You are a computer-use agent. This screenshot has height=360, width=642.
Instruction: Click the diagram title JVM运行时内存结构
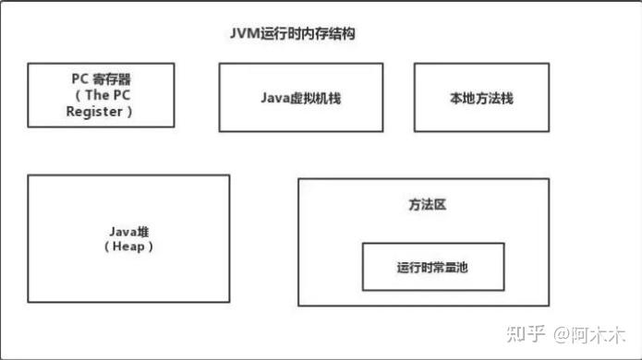click(293, 34)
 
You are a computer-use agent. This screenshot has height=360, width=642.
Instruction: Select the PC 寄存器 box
click(100, 94)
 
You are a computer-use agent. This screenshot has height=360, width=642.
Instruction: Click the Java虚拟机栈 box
click(301, 98)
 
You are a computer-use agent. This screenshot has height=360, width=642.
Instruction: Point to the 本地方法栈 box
click(480, 98)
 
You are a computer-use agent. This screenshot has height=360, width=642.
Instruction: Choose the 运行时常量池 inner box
click(432, 267)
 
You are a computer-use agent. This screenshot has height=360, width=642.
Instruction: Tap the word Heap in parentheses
click(128, 246)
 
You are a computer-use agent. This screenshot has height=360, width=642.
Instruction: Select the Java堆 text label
click(128, 232)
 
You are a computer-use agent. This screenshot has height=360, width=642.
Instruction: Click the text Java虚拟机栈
click(301, 98)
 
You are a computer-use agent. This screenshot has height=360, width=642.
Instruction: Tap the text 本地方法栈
click(480, 98)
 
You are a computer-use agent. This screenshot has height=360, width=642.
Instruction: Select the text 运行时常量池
click(432, 267)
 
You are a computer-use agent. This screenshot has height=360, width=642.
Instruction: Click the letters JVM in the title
click(245, 34)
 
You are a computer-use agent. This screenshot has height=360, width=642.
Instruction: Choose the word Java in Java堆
click(121, 232)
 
